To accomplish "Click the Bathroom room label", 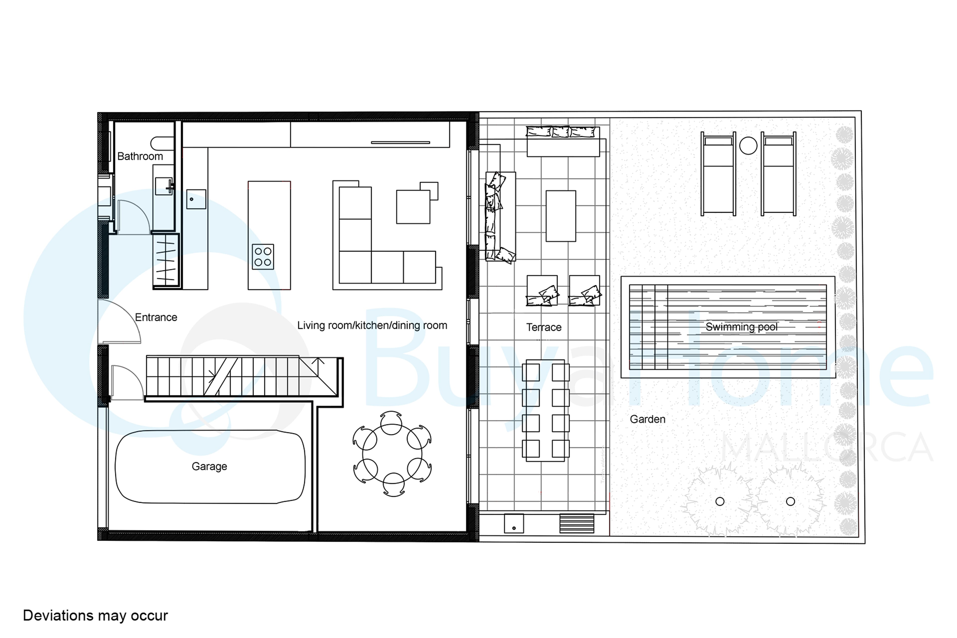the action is [140, 156].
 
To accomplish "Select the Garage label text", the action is [209, 466].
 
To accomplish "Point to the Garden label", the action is [647, 419].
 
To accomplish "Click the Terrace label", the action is [544, 327].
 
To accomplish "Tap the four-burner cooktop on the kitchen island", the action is [263, 257].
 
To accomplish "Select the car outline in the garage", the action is [210, 467].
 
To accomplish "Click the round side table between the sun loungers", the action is [748, 146].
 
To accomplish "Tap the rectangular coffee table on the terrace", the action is [561, 216].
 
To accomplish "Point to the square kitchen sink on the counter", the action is [196, 199].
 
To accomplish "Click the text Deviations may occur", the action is [95, 616].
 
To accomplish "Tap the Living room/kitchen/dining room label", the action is [372, 325].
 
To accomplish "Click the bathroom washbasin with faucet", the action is [164, 186].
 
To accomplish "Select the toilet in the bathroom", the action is [162, 143].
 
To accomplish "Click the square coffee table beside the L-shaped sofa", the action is [413, 207].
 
